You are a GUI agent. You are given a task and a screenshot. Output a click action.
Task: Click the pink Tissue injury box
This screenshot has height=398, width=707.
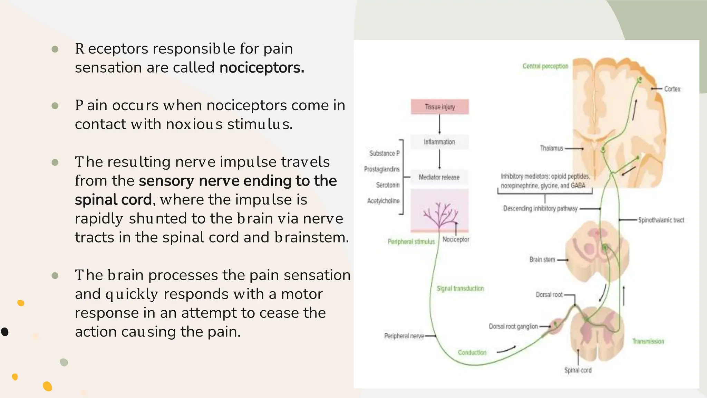[439, 107]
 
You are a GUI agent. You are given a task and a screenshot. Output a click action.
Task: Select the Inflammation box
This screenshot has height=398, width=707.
[439, 142]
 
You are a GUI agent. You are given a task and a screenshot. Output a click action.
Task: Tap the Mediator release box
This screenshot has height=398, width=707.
[439, 177]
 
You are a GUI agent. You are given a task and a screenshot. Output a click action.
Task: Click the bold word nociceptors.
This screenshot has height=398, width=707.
[262, 68]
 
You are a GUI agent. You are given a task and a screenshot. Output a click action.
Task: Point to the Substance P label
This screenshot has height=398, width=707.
[384, 153]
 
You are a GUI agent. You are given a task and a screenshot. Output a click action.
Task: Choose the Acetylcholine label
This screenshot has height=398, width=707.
[383, 201]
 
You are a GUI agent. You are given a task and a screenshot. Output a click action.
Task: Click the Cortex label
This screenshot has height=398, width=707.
[672, 89]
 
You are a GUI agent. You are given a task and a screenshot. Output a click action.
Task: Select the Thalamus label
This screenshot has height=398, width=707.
[551, 149]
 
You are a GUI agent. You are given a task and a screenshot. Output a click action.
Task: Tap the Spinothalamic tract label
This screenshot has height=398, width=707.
[661, 220]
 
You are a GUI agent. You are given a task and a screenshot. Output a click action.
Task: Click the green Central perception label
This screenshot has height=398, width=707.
[545, 66]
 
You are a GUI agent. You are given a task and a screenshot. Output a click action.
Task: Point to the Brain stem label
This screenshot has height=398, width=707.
[542, 260]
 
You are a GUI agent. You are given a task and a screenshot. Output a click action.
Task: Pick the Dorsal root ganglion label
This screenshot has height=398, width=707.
[513, 326]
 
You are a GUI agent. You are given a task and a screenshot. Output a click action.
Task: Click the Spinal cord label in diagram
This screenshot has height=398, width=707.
[578, 370]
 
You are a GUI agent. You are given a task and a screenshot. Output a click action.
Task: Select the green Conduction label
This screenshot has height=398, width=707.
[472, 353]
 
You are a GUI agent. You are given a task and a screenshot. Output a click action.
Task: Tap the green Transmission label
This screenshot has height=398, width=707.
[648, 342]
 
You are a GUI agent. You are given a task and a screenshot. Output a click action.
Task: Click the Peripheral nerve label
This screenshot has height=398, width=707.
[404, 336]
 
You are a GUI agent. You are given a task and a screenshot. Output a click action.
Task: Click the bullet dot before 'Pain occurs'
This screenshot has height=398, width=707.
[55, 106]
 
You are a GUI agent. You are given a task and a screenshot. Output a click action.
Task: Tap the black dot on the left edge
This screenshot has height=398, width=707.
[4, 332]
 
